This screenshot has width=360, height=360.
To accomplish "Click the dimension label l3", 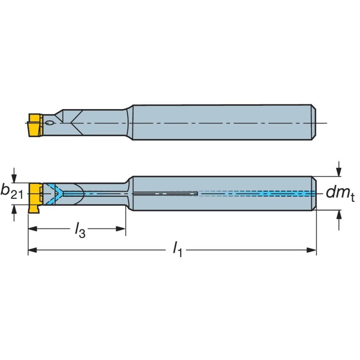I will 80,230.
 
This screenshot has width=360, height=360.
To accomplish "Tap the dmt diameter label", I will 340,193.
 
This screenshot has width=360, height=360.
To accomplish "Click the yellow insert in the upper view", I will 34,125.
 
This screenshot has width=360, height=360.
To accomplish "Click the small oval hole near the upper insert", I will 50,123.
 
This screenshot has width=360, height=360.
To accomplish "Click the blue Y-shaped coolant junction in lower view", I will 57,193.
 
